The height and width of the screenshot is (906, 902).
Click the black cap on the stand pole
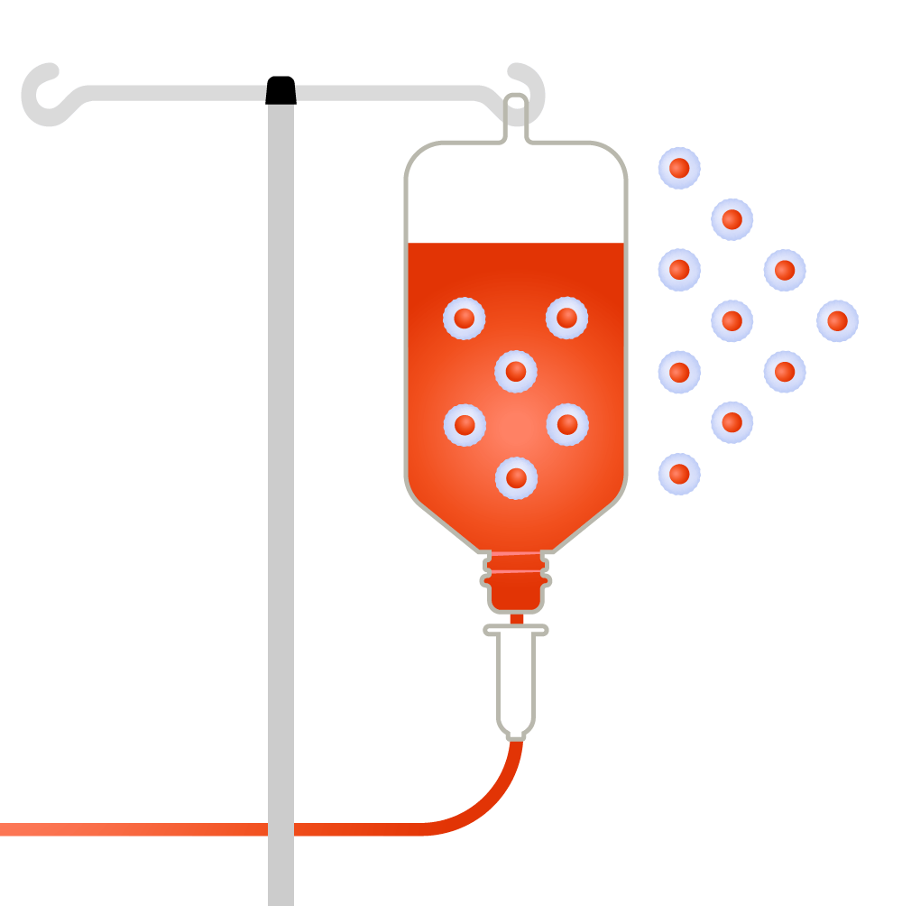click(281, 90)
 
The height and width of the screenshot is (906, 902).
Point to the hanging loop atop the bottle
click(515, 113)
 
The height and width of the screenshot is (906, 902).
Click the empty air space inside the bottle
click(515, 194)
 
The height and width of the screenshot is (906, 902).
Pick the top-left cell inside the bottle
click(464, 318)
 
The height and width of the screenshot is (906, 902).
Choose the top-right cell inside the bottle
click(566, 318)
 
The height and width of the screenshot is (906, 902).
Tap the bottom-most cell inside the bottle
click(516, 477)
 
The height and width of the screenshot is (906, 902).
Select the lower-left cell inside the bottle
click(465, 424)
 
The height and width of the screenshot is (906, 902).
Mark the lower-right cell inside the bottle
click(566, 424)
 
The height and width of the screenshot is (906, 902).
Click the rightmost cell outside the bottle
click(837, 320)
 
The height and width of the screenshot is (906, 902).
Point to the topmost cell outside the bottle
click(679, 168)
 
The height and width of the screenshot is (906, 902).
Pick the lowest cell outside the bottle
click(679, 474)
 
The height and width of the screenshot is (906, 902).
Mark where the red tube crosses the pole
click(281, 829)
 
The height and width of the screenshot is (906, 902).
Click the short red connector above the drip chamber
click(517, 619)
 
